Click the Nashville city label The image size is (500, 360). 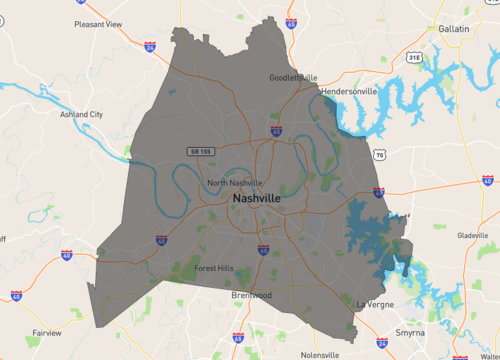(256, 199)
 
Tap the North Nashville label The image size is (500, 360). (234, 183)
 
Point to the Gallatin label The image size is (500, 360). (454, 29)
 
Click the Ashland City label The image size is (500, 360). (81, 115)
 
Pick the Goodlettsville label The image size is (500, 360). (293, 77)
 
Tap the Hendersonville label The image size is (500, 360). (350, 90)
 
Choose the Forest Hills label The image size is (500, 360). (212, 267)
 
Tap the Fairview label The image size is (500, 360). (46, 332)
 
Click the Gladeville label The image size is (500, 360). (471, 236)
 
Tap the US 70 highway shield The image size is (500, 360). (379, 155)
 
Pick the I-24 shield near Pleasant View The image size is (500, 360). (149, 45)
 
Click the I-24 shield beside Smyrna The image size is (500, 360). (383, 342)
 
